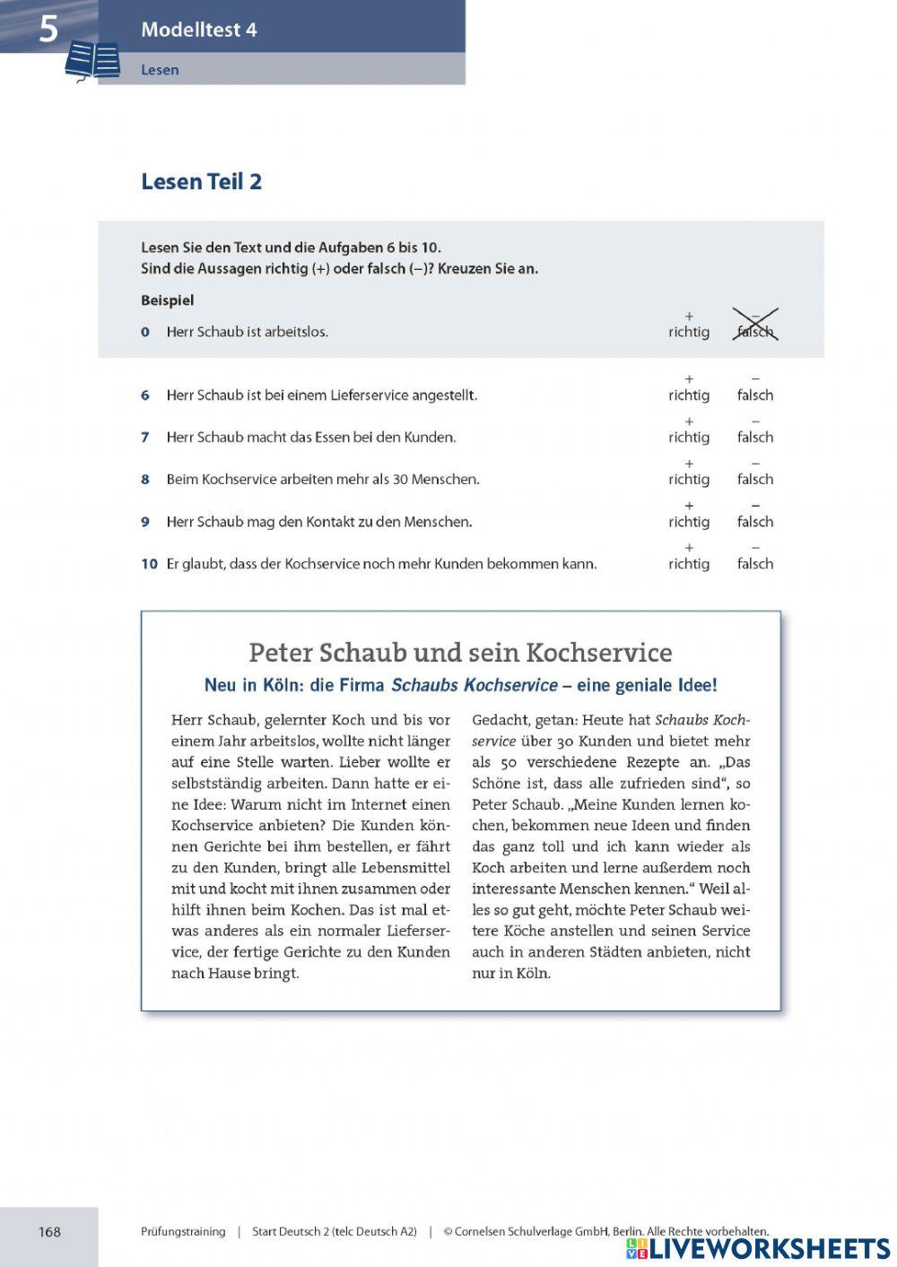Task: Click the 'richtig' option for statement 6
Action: coord(688,395)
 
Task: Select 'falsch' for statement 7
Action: coord(754,437)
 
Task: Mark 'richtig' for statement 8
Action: coord(688,479)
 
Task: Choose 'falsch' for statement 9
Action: coord(754,521)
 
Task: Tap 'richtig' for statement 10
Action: coord(688,563)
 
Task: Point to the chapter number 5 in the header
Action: coord(48,29)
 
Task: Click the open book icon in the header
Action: coord(92,62)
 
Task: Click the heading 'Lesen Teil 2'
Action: coord(201,181)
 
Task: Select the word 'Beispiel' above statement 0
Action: coord(167,300)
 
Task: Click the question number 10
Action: coord(149,564)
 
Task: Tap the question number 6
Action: coord(145,395)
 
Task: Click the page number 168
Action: coord(49,1231)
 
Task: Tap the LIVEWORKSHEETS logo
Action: coord(758,1248)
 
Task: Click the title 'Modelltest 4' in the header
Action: coord(198,30)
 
